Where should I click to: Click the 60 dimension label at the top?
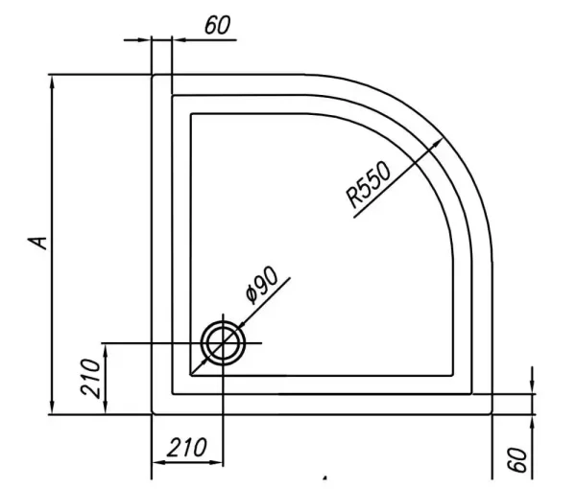218,25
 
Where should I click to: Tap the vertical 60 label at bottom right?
517,459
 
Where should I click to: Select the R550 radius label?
369,184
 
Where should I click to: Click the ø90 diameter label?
263,285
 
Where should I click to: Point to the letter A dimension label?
38,243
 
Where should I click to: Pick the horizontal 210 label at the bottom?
187,448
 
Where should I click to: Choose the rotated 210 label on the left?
90,379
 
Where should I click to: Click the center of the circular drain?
223,343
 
